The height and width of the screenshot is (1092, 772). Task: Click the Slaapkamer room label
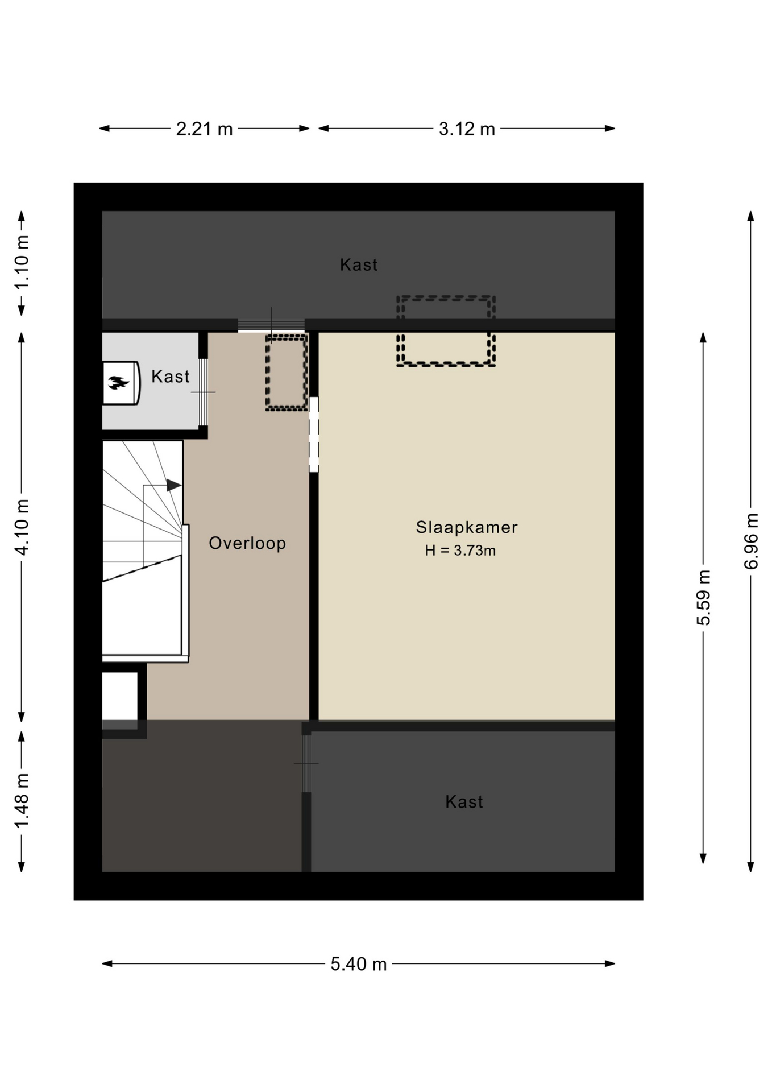[466, 527]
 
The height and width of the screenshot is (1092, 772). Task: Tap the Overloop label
[247, 543]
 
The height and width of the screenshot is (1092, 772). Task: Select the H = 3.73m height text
[460, 551]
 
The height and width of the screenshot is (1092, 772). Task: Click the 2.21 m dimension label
[205, 129]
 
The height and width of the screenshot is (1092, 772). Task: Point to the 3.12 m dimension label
[467, 129]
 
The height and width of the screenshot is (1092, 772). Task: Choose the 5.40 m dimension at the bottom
[359, 964]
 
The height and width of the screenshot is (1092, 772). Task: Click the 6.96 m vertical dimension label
[752, 541]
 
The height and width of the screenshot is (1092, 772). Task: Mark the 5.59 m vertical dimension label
[704, 598]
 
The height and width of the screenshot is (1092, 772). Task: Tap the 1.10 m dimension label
[22, 262]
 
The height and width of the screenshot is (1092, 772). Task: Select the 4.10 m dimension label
[22, 527]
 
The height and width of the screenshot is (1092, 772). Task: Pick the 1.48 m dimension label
[22, 802]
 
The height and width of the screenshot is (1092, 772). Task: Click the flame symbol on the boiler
[119, 383]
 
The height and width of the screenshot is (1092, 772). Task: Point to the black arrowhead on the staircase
[174, 486]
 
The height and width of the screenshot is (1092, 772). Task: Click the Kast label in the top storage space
[359, 264]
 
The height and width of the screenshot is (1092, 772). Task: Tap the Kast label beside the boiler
[171, 377]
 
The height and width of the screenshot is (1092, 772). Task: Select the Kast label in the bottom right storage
[464, 802]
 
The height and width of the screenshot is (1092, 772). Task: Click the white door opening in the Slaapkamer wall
[314, 435]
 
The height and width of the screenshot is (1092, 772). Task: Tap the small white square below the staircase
[120, 696]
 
